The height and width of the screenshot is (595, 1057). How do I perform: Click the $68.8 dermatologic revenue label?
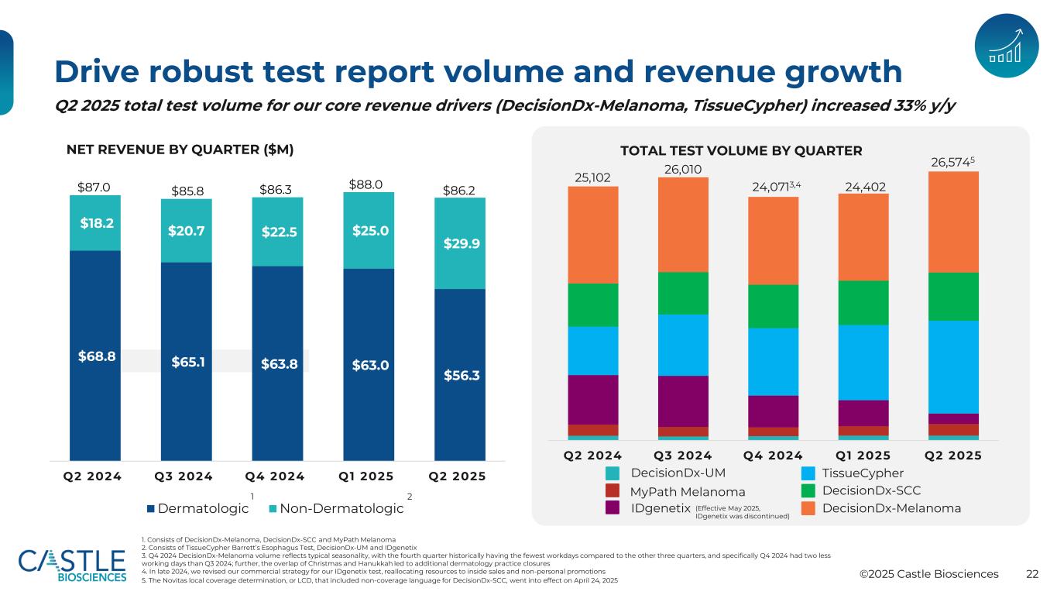coord(97,356)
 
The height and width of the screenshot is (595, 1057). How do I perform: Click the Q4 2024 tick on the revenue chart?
coord(277,476)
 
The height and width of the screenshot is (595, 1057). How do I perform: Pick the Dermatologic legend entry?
coord(197,509)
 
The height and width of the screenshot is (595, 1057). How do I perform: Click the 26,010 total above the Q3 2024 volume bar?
coord(683,169)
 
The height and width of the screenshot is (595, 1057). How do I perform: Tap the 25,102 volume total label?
coord(592,177)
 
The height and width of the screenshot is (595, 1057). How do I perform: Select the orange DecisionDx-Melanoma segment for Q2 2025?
coord(953,222)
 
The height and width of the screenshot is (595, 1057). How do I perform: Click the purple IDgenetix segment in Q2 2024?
coord(592,400)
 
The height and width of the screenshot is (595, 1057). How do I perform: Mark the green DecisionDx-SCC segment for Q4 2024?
coord(773,306)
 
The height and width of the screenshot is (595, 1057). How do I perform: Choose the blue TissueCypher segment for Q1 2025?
coord(863,362)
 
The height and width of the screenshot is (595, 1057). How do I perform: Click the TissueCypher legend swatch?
coord(807,473)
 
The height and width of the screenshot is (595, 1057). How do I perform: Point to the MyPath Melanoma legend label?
coord(688,492)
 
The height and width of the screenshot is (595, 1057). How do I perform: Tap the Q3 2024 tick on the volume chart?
coord(683,455)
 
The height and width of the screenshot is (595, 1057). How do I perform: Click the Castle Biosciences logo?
coord(72,566)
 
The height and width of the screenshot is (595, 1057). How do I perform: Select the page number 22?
coord(1031,574)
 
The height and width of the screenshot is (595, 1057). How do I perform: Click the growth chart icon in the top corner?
coord(1006,45)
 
